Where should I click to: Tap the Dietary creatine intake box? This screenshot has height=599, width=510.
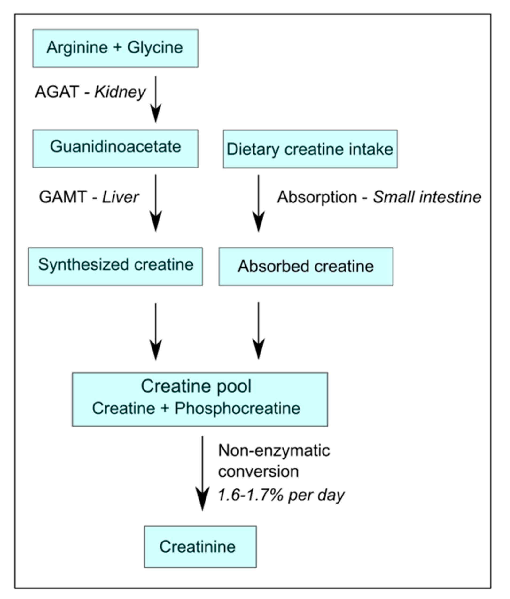[310, 149]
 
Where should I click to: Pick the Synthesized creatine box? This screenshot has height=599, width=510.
[115, 266]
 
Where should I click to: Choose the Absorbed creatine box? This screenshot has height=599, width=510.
[306, 266]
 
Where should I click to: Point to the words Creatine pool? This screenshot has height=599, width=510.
[196, 386]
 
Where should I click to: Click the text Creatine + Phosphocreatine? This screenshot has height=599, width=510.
[196, 408]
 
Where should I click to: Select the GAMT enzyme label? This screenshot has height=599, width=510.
[63, 197]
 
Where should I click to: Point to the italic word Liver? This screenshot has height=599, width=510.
[120, 197]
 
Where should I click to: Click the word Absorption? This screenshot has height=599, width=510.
[317, 197]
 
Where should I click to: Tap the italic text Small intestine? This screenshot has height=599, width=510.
[427, 197]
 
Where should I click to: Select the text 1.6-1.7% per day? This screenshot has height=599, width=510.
[281, 495]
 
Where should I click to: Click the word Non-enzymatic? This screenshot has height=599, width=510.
[274, 450]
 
